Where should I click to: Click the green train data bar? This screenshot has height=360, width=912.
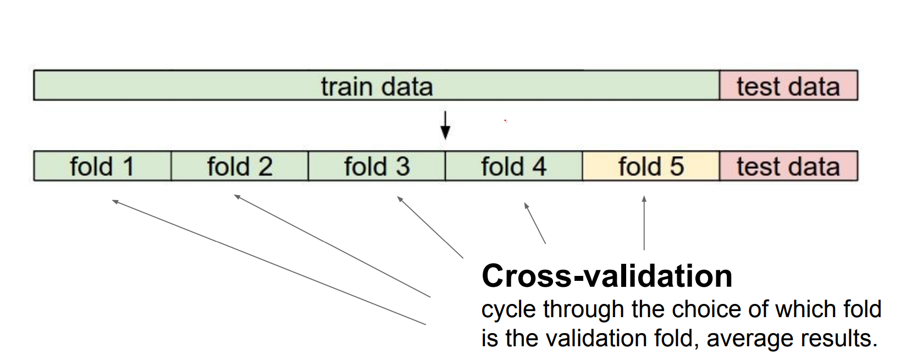[377, 86]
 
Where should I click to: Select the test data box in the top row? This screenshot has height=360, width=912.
[788, 86]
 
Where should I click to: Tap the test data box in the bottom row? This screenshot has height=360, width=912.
[788, 166]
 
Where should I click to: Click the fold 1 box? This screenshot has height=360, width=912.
[102, 166]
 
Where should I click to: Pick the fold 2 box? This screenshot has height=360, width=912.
[240, 166]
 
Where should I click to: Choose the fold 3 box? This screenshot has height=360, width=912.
[377, 166]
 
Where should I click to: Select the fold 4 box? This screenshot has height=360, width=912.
[513, 166]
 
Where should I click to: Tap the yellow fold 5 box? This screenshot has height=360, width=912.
[651, 166]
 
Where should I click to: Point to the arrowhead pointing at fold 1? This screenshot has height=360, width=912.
[115, 202]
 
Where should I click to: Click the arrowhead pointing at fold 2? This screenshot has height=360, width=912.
[237, 196]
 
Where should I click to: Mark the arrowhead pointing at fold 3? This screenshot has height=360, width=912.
[400, 198]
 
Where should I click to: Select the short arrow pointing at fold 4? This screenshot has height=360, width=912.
[534, 223]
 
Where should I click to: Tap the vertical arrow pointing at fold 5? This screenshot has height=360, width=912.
[644, 223]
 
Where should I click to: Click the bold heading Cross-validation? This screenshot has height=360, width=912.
[607, 276]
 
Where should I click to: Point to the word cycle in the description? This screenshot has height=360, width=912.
[508, 309]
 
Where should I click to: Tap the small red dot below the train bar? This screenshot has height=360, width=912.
[505, 120]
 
